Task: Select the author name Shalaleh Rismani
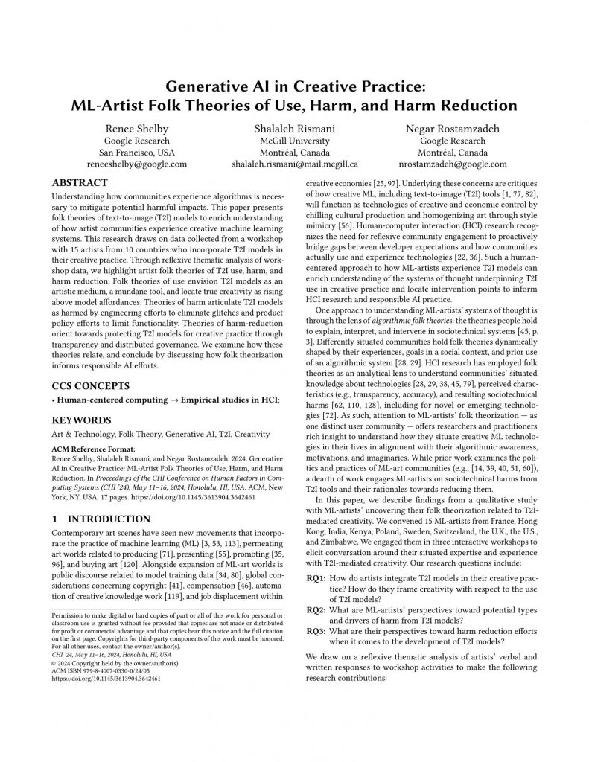click(294, 126)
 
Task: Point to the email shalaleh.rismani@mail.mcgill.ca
click(294, 164)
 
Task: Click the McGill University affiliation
click(294, 139)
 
